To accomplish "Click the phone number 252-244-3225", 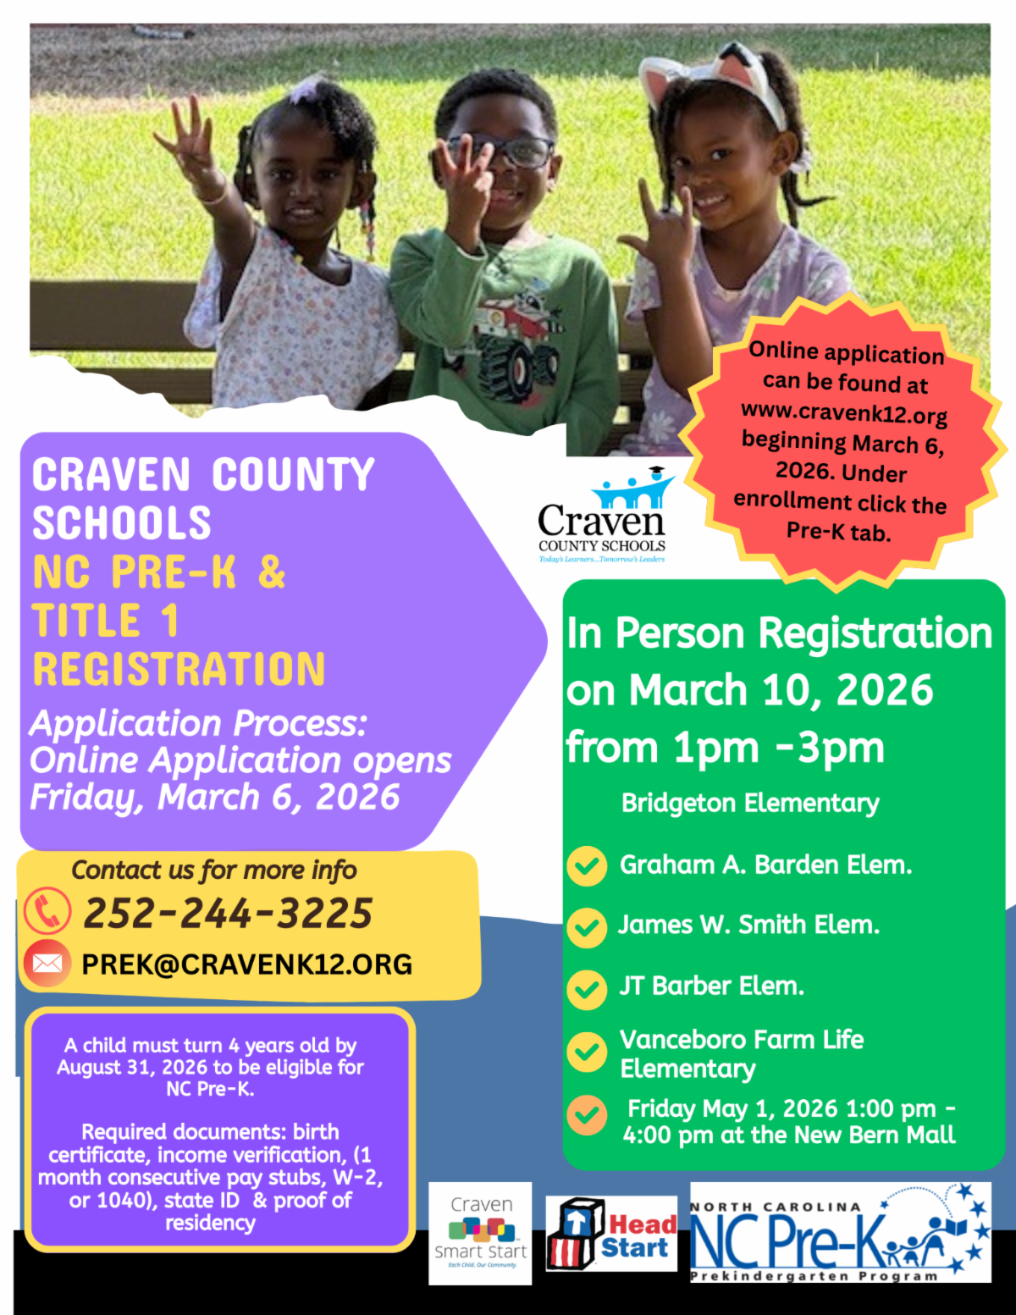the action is (228, 913).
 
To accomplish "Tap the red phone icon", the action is (47, 911).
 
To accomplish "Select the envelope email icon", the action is (47, 964).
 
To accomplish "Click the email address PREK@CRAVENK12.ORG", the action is (247, 964).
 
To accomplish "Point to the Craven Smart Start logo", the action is (480, 1234).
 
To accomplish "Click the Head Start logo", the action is (611, 1234).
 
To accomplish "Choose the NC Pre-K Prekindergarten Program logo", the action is (841, 1233).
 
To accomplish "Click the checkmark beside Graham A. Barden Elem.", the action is (587, 866).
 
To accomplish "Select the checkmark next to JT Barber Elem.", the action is (587, 990).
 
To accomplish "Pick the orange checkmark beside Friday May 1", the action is (587, 1114).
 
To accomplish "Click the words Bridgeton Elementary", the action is (750, 803).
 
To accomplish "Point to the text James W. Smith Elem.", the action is (749, 925).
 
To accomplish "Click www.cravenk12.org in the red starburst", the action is (844, 412).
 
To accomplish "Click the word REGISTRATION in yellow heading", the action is (179, 669).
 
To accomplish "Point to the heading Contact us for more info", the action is (214, 870).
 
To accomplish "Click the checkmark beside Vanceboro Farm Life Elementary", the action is (587, 1053).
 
